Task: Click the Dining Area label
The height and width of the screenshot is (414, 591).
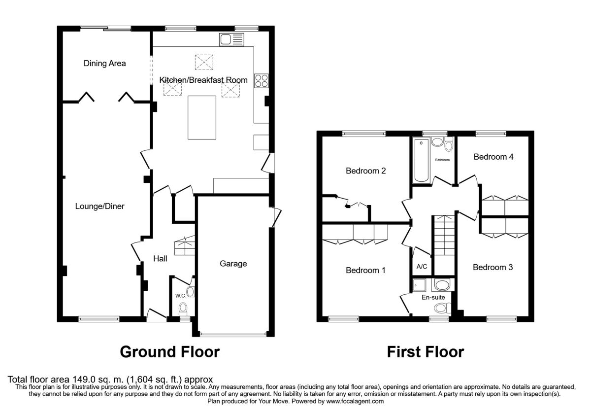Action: pos(104,63)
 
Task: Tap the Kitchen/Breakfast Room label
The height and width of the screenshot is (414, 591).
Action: pos(203,79)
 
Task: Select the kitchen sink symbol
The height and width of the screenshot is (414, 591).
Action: pos(231,39)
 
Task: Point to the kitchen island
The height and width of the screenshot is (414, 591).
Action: pos(201,118)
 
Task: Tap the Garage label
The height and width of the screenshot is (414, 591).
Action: pos(233,264)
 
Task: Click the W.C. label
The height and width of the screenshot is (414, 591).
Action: pos(180,296)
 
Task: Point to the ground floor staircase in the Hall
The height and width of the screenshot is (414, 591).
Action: pos(184,245)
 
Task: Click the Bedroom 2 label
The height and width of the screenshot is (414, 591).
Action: pos(365,171)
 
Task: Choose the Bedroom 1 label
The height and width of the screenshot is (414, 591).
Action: pos(365,270)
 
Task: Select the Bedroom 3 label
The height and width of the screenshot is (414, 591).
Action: pos(493,267)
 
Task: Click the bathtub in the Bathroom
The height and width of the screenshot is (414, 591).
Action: pos(422,160)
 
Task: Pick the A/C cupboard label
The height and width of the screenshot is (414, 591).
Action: pos(422,267)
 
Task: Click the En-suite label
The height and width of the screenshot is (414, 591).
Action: pos(433,297)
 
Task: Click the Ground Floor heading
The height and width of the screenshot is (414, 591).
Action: pos(170,352)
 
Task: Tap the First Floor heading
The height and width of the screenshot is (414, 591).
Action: pos(425,352)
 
